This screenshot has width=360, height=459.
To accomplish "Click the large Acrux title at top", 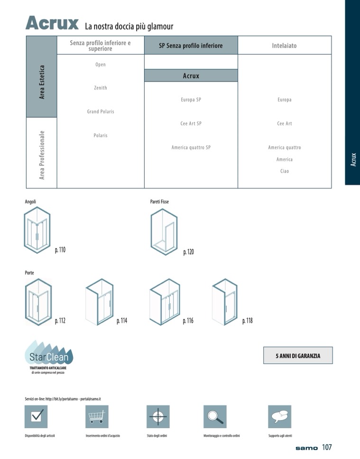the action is (x=52, y=23).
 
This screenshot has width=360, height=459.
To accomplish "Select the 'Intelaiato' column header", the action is (x=284, y=46).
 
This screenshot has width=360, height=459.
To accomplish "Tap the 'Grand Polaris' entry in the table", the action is (x=101, y=111).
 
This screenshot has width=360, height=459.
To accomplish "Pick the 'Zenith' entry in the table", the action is (x=101, y=88).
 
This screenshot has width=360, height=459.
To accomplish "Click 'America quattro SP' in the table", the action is (x=191, y=147).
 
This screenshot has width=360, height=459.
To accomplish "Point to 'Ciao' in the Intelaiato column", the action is (x=285, y=171).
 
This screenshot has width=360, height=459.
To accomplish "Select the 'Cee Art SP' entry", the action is (x=191, y=124).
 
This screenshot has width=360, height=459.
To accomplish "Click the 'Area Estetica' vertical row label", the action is (x=42, y=82).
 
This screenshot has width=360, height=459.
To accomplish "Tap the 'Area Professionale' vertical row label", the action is (x=42, y=155).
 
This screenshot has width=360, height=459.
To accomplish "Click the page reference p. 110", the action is (x=60, y=250).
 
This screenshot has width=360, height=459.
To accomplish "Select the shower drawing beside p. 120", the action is (x=164, y=231).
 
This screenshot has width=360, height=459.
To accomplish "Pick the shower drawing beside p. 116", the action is (x=165, y=302).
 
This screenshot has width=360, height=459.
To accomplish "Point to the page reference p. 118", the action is (x=247, y=321).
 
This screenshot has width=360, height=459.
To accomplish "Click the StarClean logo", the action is (x=49, y=357).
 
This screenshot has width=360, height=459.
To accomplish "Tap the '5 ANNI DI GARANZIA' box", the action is (x=298, y=355).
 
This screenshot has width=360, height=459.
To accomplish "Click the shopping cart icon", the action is (x=97, y=416).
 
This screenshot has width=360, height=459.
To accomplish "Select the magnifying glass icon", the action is (x=215, y=416).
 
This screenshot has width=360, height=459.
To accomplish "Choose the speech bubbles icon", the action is (x=280, y=416).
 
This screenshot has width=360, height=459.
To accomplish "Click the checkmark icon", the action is (x=36, y=416).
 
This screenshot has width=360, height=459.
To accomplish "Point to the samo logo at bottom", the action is (x=306, y=448).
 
